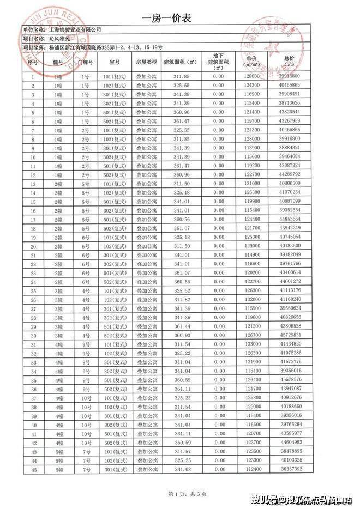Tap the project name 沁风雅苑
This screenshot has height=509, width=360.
pyautogui.click(x=59, y=39)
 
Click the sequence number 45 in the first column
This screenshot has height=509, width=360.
pyautogui.click(x=33, y=469)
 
